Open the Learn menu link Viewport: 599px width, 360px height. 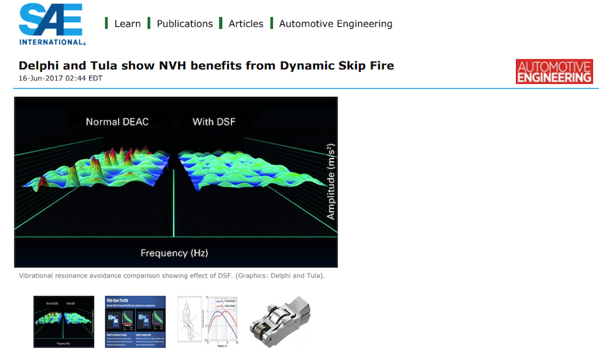click(127, 24)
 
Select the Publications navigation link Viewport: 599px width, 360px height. click(185, 24)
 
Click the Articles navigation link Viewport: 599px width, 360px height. click(246, 24)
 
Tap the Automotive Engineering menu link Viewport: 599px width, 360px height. click(336, 24)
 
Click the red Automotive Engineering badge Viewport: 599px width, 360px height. click(554, 72)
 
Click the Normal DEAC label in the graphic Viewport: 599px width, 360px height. click(117, 122)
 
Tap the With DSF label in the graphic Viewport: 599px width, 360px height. click(214, 122)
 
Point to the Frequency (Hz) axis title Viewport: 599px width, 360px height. click(174, 253)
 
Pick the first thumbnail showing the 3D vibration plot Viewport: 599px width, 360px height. click(64, 321)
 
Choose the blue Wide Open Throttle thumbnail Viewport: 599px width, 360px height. click(135, 321)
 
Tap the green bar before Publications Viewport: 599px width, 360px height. click(149, 24)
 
